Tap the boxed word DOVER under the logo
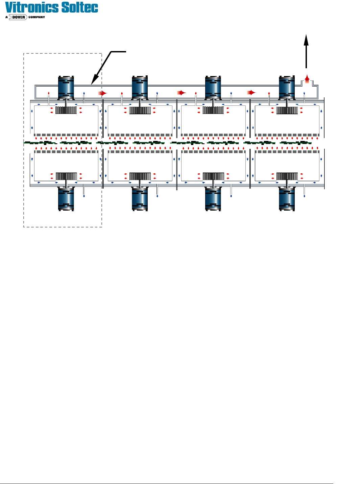click(19, 17)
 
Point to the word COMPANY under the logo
click(37, 17)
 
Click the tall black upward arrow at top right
click(306, 51)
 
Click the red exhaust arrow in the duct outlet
click(307, 79)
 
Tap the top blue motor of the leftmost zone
click(66, 87)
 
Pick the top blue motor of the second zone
click(140, 87)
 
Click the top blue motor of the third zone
click(213, 87)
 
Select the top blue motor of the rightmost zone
click(287, 87)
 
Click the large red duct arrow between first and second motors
click(102, 93)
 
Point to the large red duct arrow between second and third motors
click(182, 93)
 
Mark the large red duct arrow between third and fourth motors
click(251, 93)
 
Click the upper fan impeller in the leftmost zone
click(66, 110)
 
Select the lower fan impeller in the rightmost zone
click(287, 176)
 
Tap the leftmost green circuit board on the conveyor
click(40, 143)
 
